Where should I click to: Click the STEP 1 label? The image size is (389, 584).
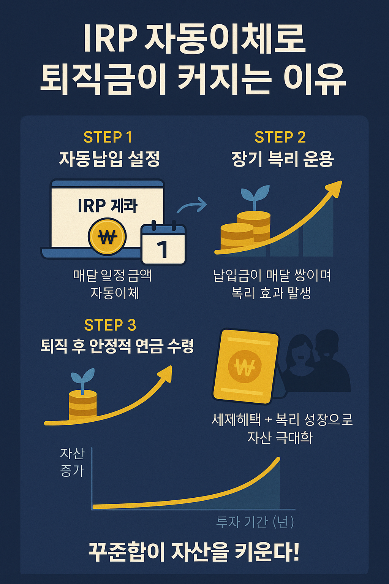[x=108, y=137]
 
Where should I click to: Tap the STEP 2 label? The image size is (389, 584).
[x=280, y=137]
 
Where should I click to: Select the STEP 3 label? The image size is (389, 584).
[x=110, y=325]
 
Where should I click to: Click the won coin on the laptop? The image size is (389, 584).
[x=107, y=237]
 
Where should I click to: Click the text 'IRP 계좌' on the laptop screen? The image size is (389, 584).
[x=108, y=206]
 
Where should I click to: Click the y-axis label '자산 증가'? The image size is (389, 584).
[x=72, y=462]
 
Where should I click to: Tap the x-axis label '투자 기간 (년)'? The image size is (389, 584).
[x=255, y=522]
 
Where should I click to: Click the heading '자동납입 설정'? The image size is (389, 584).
[x=109, y=159]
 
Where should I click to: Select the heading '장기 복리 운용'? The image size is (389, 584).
[x=282, y=159]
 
